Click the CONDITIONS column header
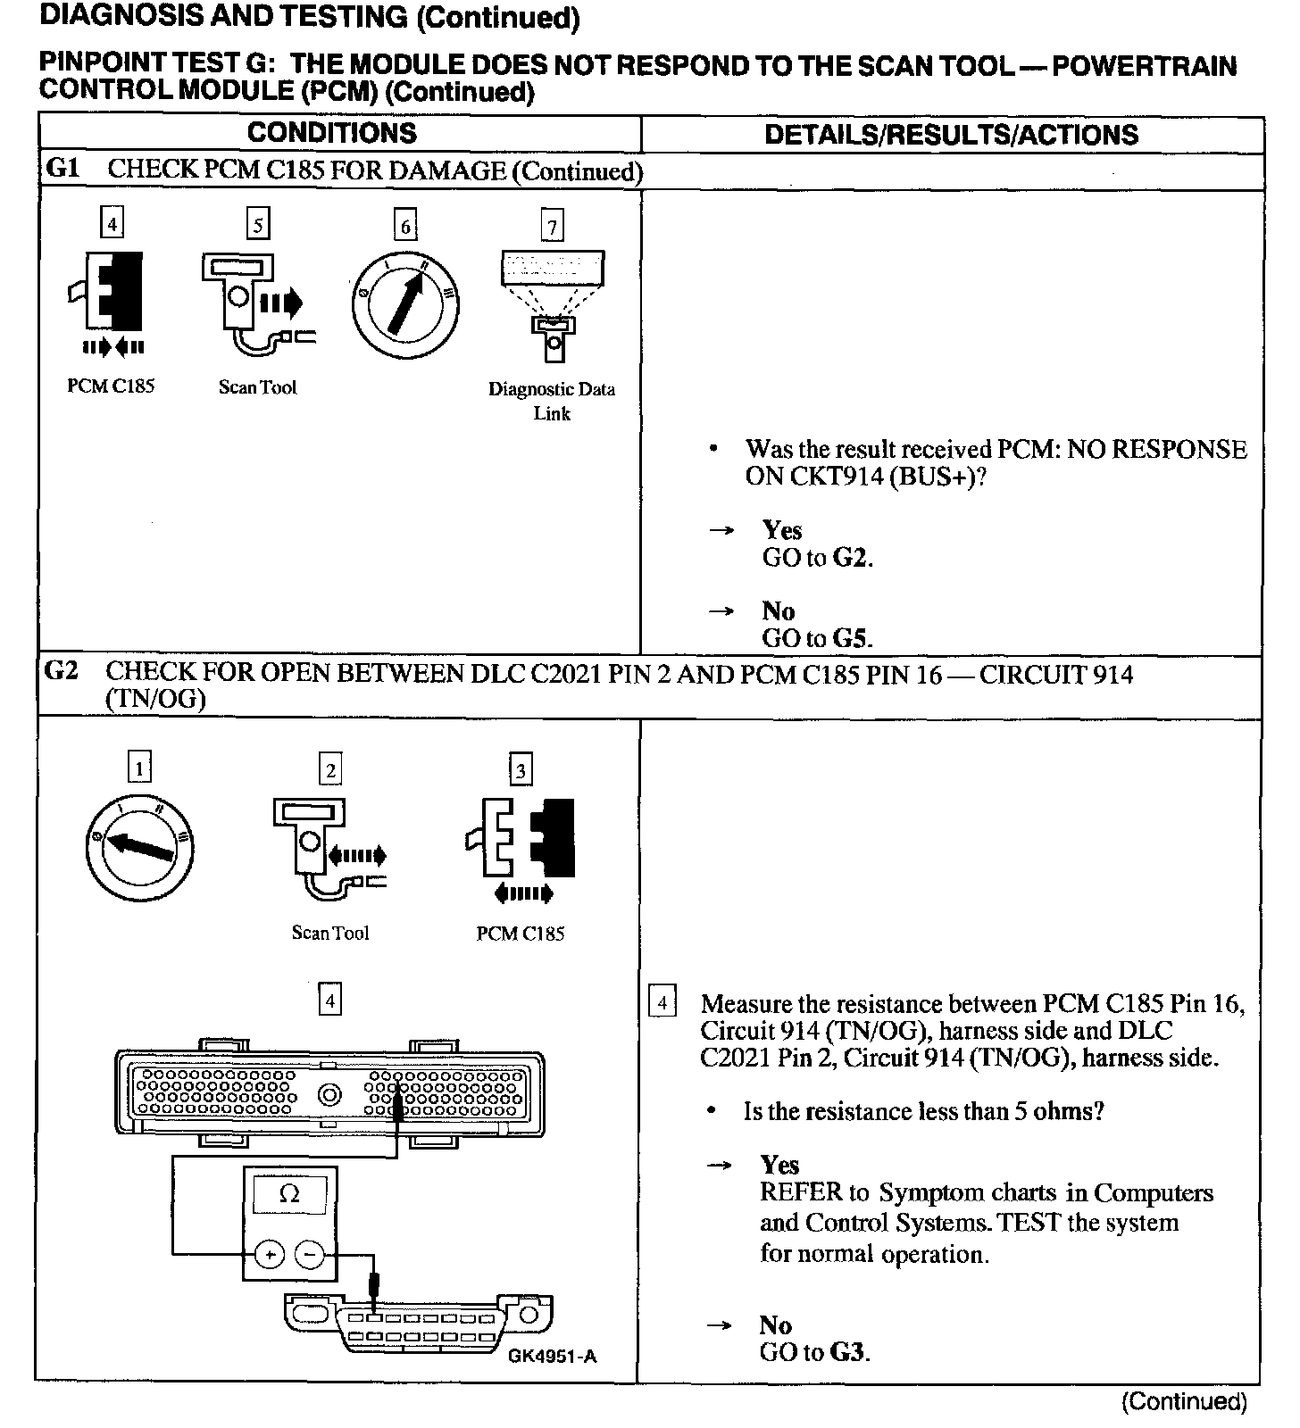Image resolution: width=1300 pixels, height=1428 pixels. coord(331,133)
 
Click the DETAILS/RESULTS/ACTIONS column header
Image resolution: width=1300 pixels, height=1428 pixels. coord(951,135)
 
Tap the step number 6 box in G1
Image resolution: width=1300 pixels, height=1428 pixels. coord(405,226)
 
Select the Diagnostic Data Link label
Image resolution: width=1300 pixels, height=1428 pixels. coord(551,401)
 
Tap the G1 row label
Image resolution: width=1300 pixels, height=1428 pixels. coord(62,170)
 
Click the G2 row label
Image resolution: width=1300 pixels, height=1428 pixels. coord(61,671)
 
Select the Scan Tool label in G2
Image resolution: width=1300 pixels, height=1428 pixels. coord(329,933)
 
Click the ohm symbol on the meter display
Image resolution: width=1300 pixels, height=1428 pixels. coord(289,1193)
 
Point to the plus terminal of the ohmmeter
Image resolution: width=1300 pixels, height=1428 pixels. coord(269,1254)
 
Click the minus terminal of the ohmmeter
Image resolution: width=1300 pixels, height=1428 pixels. coord(310,1254)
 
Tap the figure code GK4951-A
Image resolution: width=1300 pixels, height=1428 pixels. coord(552,1357)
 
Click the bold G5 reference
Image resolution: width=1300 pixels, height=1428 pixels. coord(852,639)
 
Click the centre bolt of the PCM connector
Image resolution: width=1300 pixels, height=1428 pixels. coord(329,1093)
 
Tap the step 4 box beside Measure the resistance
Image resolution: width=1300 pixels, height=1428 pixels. coord(662,1002)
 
